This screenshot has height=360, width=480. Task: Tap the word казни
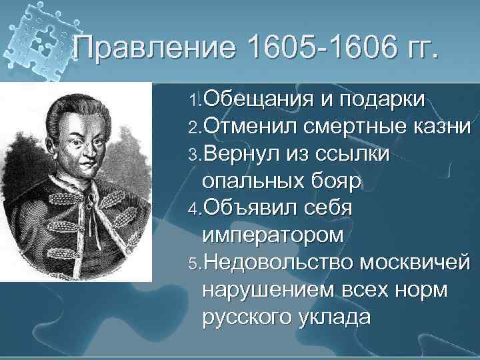(x=441, y=127)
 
